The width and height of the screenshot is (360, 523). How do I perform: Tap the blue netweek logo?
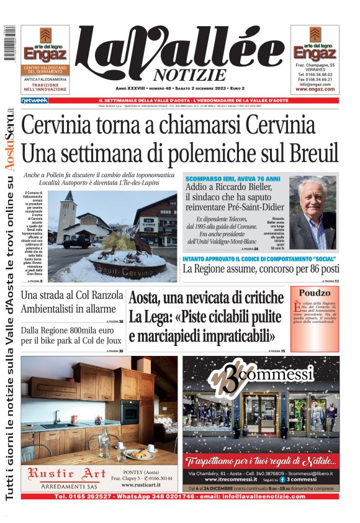tap(35, 100)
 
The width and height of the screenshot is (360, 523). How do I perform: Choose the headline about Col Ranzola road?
tap(68, 302)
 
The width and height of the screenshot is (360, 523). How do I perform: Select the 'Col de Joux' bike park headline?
tap(71, 336)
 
